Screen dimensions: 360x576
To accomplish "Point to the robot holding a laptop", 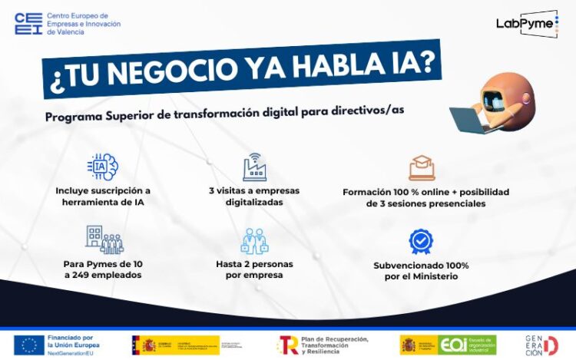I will (500, 102).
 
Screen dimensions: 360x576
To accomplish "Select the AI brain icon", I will (103, 167).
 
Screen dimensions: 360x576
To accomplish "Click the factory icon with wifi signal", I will (254, 166).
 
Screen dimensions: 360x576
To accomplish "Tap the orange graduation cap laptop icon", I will (422, 167).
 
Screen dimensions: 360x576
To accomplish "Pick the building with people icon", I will (104, 239).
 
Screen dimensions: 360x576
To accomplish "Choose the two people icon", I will (254, 240).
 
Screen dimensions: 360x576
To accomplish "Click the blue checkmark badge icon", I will (421, 241).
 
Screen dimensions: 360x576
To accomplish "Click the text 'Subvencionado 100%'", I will (421, 265).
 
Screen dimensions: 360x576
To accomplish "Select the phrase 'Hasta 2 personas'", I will (254, 264).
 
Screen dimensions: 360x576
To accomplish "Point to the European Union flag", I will (29, 344).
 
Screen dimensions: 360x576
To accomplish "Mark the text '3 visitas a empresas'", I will (254, 190).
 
